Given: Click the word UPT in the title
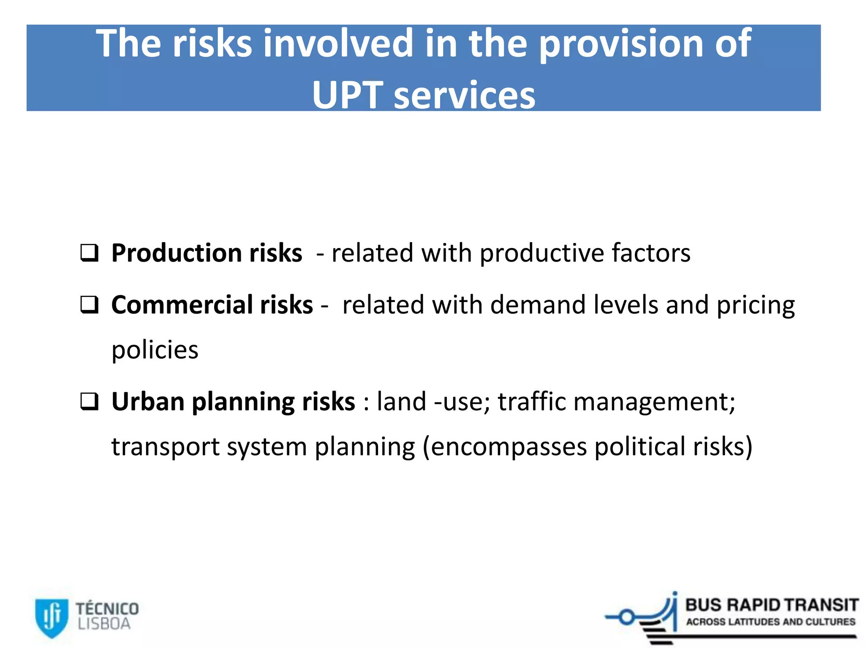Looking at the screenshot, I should pyautogui.click(x=347, y=95).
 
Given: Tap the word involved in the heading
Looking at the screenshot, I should pyautogui.click(x=338, y=43).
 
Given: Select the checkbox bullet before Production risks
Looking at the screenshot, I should pyautogui.click(x=90, y=253).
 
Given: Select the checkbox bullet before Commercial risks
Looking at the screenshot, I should pyautogui.click(x=90, y=305).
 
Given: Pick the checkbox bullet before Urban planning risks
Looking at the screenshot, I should pyautogui.click(x=90, y=402).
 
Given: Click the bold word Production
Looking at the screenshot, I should pyautogui.click(x=176, y=253).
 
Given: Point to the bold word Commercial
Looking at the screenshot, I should pyautogui.click(x=182, y=305).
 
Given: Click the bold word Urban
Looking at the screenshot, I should pyautogui.click(x=148, y=402).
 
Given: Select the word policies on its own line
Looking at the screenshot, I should pyautogui.click(x=155, y=350).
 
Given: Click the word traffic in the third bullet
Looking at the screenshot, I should pyautogui.click(x=532, y=402).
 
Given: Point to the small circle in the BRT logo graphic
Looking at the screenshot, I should pyautogui.click(x=627, y=618).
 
